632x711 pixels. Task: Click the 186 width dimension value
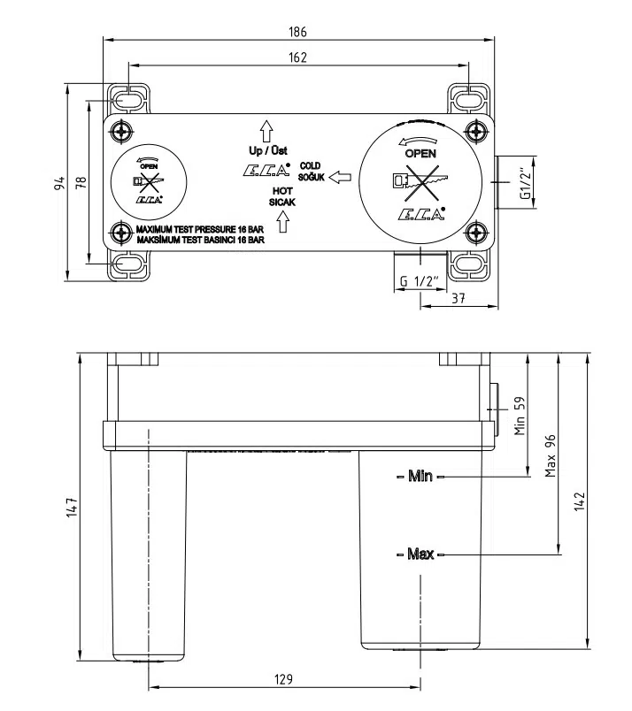pyautogui.click(x=298, y=32)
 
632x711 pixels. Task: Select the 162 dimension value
pyautogui.click(x=298, y=57)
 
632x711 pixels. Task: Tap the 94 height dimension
pyautogui.click(x=59, y=184)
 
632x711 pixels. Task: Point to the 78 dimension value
pyautogui.click(x=81, y=184)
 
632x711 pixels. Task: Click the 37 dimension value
pyautogui.click(x=458, y=299)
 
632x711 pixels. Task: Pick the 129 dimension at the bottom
pyautogui.click(x=283, y=678)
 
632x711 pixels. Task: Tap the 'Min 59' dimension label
pyautogui.click(x=520, y=415)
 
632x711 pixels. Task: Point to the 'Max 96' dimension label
pyautogui.click(x=550, y=455)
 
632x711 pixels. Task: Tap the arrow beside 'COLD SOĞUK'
pyautogui.click(x=339, y=178)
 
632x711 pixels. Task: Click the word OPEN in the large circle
pyautogui.click(x=420, y=152)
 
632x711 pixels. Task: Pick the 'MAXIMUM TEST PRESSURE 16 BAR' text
pyautogui.click(x=200, y=229)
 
